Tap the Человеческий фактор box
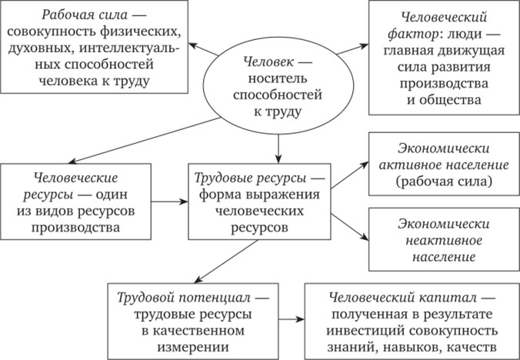(438, 58)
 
